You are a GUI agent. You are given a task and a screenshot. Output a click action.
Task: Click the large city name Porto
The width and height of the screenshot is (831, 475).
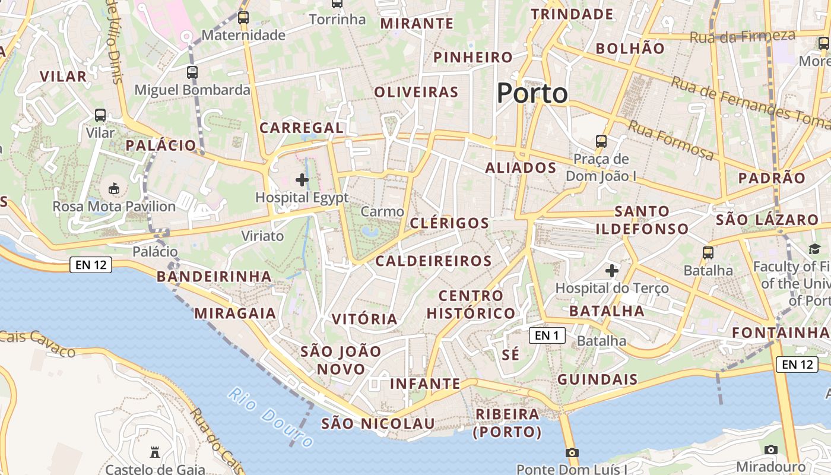(532, 93)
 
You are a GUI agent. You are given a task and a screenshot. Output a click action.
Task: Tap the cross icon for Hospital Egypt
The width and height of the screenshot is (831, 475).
(302, 179)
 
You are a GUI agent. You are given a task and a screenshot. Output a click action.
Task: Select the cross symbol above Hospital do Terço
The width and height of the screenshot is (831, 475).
(612, 271)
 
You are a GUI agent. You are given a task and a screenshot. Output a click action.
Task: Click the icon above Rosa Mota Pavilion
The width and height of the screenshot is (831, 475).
(114, 189)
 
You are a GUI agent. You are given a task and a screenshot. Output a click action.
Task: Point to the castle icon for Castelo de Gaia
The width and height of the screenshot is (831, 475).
(155, 452)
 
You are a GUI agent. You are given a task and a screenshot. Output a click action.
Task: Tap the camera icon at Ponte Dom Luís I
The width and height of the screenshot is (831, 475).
(572, 453)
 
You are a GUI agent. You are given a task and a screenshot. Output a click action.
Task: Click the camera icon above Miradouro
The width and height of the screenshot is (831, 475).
(771, 449)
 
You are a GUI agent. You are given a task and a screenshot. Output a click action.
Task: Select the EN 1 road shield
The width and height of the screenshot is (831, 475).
(547, 335)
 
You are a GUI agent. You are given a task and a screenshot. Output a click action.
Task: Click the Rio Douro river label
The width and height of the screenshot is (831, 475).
(271, 417)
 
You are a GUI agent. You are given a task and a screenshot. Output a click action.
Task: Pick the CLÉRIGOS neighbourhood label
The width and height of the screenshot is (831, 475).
(450, 223)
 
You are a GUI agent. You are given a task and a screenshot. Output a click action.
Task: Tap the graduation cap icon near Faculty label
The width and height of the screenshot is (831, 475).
(814, 249)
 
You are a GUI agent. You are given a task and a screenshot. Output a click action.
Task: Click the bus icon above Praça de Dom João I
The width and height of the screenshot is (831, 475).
(601, 141)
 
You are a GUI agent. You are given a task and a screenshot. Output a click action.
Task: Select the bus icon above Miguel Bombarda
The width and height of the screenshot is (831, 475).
(192, 72)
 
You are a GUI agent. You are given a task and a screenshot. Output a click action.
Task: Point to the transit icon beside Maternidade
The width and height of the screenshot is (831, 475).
(243, 18)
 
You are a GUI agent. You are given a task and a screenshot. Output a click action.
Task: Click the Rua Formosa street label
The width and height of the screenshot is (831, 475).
(671, 141)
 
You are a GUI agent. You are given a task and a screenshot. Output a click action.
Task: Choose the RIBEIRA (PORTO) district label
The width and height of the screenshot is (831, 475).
(507, 423)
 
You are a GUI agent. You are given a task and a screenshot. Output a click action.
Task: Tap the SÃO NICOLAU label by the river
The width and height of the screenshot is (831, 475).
(378, 423)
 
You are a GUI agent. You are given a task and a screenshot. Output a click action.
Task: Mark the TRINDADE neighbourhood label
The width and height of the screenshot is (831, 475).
(572, 14)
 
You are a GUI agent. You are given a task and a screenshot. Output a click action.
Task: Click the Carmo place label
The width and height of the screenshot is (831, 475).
(382, 211)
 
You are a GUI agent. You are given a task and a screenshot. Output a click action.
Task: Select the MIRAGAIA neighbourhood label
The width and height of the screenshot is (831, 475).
(235, 313)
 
